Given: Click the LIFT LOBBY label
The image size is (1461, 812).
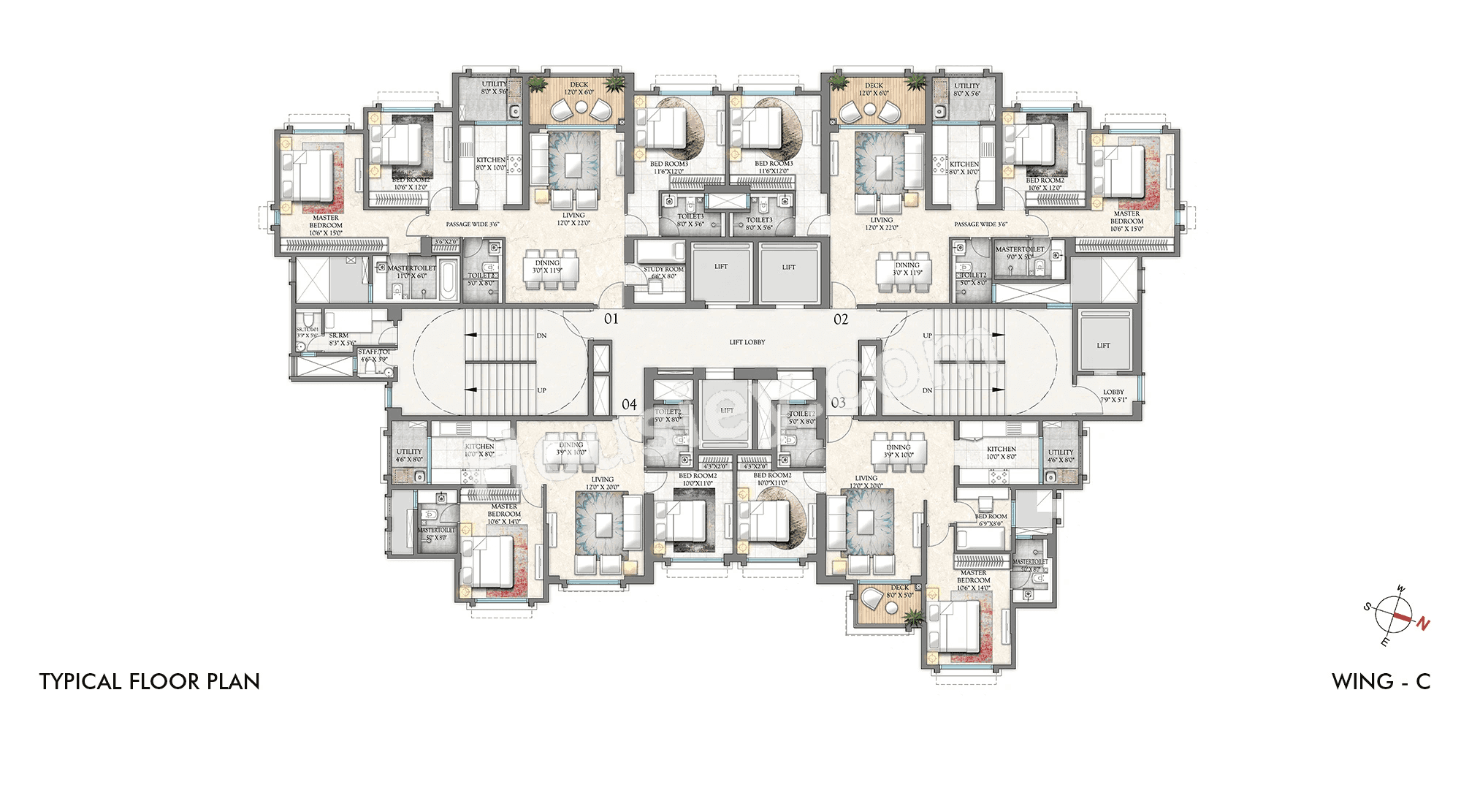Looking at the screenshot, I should pos(747,342).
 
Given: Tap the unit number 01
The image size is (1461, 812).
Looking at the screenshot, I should pos(611,319).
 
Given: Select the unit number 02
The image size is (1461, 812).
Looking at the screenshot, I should pos(841,319).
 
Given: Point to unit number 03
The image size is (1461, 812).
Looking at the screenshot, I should pos(838,403).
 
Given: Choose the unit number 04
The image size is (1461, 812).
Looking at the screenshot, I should pos(629,404).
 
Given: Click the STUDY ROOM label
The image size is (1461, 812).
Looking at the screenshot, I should pos(663,273).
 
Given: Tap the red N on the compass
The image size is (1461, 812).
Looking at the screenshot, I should pos(1423,623).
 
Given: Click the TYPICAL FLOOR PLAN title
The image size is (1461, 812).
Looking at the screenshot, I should pos(150,682).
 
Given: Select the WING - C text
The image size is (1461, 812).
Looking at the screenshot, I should pos(1381,682).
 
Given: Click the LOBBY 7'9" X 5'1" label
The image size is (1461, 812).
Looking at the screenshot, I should pos(1113,396).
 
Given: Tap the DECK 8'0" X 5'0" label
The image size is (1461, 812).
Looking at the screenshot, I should pos(899,591).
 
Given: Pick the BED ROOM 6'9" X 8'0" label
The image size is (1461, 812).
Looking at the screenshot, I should pos(991,520).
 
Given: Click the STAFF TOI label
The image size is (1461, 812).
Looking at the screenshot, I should pos(374,355).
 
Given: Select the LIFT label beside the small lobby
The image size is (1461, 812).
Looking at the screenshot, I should pos(1103,346).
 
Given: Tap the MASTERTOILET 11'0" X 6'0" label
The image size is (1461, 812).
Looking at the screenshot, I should pos(411,272).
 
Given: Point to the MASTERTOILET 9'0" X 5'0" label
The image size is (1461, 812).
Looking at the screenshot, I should pos(1020,253).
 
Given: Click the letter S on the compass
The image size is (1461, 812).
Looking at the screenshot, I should pos(1367,607).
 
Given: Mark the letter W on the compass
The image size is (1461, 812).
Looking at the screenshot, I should pos(1400,589).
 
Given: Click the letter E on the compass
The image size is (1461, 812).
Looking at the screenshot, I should pos(1384,642).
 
